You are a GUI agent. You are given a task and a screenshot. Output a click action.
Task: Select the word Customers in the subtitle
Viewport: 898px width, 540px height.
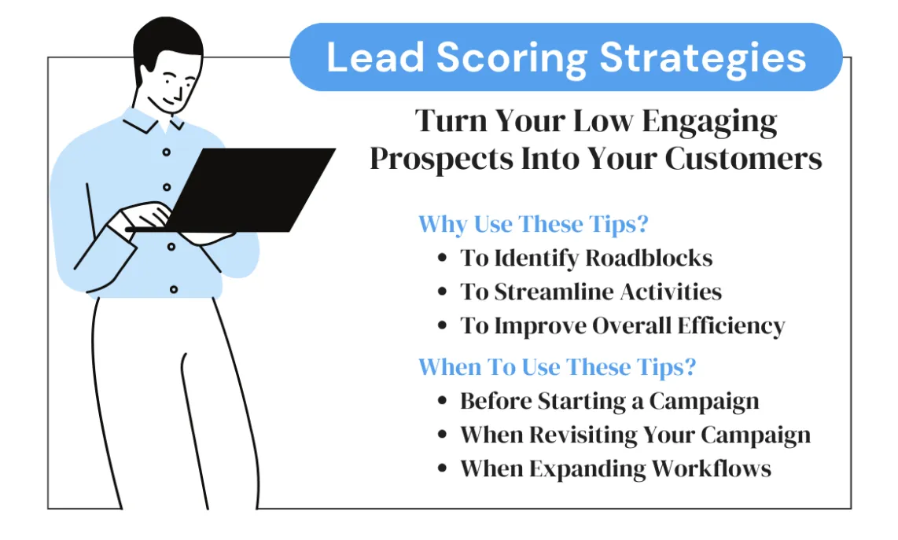click(x=743, y=158)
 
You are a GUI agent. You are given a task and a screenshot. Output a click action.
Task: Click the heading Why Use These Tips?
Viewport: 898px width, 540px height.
click(x=533, y=224)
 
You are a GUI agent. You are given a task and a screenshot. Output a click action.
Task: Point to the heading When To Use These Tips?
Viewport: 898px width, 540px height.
click(x=558, y=367)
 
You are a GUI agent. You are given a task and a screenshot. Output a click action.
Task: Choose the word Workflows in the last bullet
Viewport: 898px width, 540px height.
click(x=711, y=469)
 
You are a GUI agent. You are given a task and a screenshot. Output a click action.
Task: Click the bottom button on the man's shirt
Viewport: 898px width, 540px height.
click(x=174, y=289)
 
